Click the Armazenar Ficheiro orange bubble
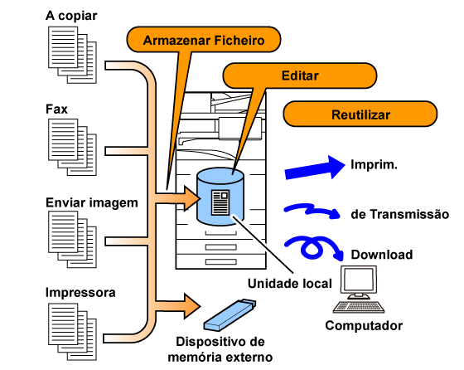point(204,40)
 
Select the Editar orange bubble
point(299,75)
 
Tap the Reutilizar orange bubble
point(360,114)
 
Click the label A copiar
point(71,16)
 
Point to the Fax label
point(56,110)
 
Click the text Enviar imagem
point(92,203)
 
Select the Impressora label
point(80,293)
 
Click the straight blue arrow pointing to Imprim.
point(315,168)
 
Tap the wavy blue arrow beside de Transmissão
point(312,211)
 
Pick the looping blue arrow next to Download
point(314,247)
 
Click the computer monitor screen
point(359,280)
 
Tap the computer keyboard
point(359,307)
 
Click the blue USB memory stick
point(230,315)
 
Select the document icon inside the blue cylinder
point(220,202)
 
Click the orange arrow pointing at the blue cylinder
point(177,198)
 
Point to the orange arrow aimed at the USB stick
point(177,306)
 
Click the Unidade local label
point(290,284)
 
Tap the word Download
point(382,255)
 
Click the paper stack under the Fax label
point(72,147)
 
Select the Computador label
point(364,326)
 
